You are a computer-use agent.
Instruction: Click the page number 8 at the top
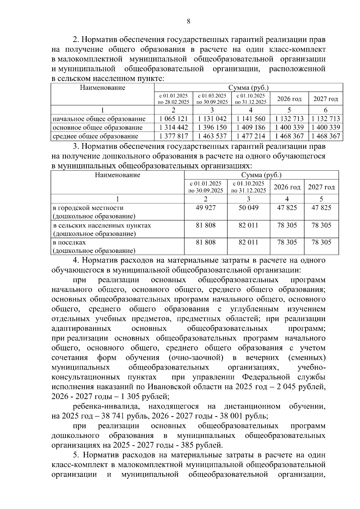(188, 21)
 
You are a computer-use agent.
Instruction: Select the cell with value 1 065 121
(174, 119)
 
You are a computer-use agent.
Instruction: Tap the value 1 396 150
(212, 127)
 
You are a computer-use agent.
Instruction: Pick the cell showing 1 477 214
(251, 136)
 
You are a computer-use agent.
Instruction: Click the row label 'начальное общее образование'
(99, 119)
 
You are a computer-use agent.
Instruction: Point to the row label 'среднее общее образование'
(95, 136)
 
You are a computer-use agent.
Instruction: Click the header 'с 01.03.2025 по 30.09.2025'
(212, 99)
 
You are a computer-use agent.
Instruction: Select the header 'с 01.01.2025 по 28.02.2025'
(173, 99)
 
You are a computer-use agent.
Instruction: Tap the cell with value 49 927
(205, 208)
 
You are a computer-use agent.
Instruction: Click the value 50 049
(248, 208)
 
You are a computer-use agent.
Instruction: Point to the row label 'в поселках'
(69, 242)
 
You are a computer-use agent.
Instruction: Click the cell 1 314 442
(174, 127)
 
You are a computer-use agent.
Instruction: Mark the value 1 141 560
(251, 119)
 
